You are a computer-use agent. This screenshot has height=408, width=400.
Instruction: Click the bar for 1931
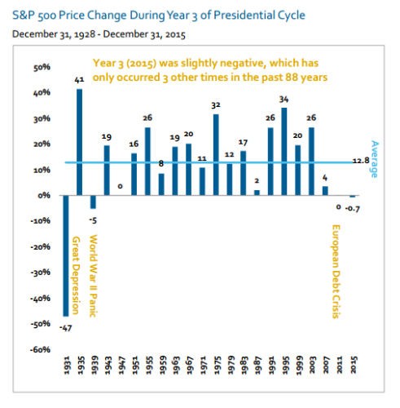[x=66, y=255]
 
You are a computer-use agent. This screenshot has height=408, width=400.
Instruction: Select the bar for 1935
[x=79, y=142]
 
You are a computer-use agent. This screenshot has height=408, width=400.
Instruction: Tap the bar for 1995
[x=284, y=152]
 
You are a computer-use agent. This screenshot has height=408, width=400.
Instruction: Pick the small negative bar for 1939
[x=93, y=202]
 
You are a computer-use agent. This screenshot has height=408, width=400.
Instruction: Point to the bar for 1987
[x=257, y=193]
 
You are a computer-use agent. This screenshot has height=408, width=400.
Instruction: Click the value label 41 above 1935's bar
[x=79, y=80]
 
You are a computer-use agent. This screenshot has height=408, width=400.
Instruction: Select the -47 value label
[x=66, y=328]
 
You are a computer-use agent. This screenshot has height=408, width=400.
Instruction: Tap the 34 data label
[x=284, y=100]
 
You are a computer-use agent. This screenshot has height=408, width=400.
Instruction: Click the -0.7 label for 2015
[x=353, y=209]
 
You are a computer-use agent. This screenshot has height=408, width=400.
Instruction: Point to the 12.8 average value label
[x=361, y=161]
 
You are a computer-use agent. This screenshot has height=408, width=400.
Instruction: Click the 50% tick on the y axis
[x=42, y=67]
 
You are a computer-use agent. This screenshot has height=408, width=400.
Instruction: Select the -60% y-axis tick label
[x=40, y=349]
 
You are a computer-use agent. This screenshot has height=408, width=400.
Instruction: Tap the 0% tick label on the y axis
[x=44, y=195]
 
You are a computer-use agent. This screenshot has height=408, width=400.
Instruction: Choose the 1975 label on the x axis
[x=217, y=366]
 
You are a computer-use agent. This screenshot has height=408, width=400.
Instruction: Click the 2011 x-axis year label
[x=339, y=366]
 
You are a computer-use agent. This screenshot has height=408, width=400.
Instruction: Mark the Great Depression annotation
[x=76, y=275]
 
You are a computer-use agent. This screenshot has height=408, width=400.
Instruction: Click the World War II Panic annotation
[x=93, y=276]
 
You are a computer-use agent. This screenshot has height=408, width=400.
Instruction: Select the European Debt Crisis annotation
[x=336, y=272]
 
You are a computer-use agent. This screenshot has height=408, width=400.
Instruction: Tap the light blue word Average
[x=375, y=159]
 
